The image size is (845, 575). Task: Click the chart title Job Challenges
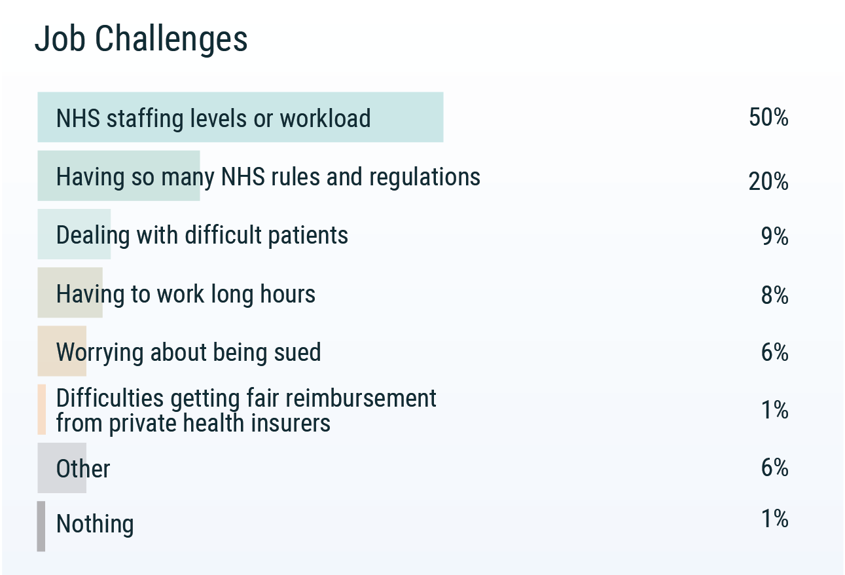141,39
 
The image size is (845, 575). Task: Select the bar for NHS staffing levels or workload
240,117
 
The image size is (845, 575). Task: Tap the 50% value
768,118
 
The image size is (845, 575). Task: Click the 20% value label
768,181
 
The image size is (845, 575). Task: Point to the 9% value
774,236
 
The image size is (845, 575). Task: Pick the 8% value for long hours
774,295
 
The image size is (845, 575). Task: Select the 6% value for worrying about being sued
774,352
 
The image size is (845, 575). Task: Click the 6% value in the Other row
774,468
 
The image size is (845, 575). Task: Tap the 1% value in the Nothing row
774,519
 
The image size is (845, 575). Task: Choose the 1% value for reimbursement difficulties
774,410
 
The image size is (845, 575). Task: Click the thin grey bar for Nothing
41,526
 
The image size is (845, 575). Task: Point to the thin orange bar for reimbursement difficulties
42,409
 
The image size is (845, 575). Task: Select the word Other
83,469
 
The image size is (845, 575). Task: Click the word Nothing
95,524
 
